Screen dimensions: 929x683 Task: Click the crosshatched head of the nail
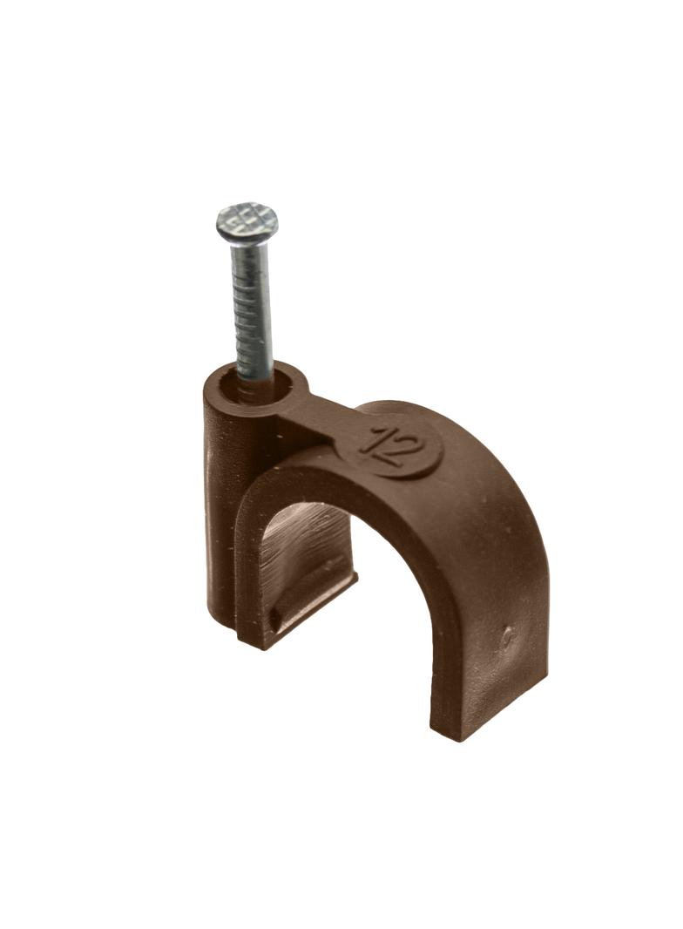(x=247, y=221)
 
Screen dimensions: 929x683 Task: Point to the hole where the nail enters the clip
(x=255, y=380)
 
